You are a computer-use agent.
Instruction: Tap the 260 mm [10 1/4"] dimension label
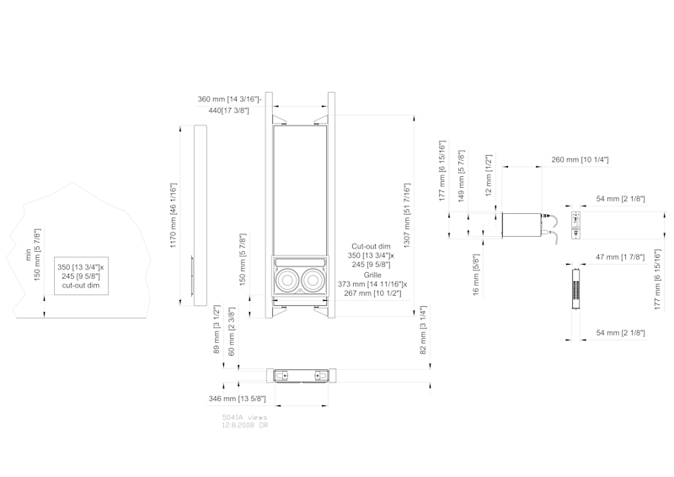(x=580, y=159)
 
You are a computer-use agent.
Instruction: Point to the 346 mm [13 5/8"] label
(x=238, y=398)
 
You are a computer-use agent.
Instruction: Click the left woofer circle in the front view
(x=287, y=277)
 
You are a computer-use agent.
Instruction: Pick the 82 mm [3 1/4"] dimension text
(x=422, y=330)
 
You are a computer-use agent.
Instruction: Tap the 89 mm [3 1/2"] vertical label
(x=216, y=330)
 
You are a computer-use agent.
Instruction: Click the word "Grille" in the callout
(x=372, y=275)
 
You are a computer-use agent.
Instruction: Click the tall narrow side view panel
(x=200, y=215)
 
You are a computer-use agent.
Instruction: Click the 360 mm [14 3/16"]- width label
(x=230, y=99)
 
